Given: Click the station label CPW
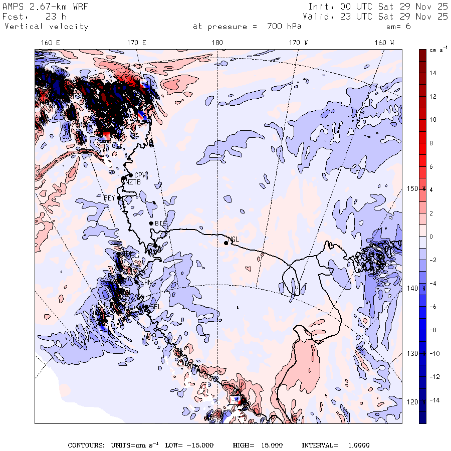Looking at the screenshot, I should pyautogui.click(x=140, y=175).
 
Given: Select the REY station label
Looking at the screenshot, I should pyautogui.click(x=109, y=198).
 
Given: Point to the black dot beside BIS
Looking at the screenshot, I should pyautogui.click(x=151, y=223).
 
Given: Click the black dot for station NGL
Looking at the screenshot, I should pyautogui.click(x=226, y=243).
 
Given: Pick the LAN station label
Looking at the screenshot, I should pyautogui.click(x=146, y=283).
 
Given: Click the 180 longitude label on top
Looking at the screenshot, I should pyautogui.click(x=217, y=43).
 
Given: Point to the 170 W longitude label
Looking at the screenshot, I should pyautogui.click(x=299, y=43).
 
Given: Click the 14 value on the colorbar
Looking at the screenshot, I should pyautogui.click(x=433, y=73).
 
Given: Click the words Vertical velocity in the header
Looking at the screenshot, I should pyautogui.click(x=47, y=27).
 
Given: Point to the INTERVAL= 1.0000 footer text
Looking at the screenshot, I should pyautogui.click(x=335, y=445).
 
